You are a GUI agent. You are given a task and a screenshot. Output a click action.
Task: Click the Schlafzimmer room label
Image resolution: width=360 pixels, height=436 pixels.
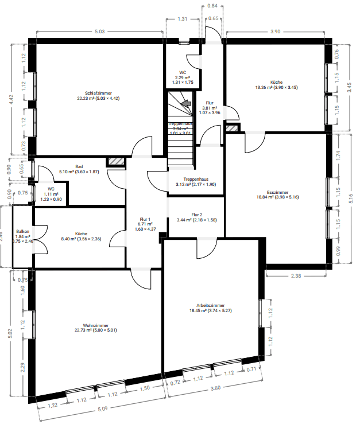click(x=98, y=93)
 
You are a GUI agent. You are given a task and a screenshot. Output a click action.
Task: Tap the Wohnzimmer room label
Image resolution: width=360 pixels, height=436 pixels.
click(x=96, y=326)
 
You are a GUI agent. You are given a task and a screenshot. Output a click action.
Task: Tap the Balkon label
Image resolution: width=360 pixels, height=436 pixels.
click(x=23, y=231)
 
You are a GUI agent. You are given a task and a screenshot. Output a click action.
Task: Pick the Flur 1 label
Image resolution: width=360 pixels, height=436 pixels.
click(x=145, y=219)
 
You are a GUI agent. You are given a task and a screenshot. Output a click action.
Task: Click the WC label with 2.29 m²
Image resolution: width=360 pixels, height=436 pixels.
click(x=183, y=73)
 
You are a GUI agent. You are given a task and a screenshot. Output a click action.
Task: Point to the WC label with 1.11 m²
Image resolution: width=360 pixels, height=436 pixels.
click(x=51, y=189)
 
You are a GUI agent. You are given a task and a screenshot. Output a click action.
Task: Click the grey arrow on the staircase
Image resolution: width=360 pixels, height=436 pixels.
click(x=185, y=104)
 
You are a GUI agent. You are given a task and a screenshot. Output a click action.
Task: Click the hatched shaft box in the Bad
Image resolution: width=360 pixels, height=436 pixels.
click(x=117, y=162)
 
